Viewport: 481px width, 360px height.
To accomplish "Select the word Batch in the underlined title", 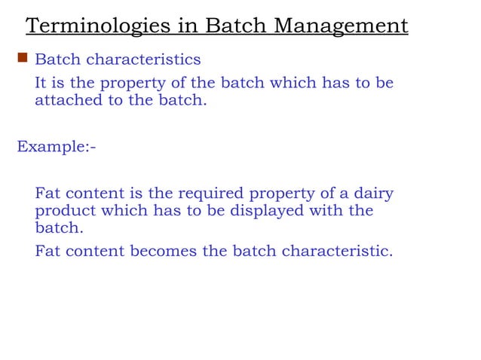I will pyautogui.click(x=230, y=26).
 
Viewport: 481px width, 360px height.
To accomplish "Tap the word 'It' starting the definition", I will pyautogui.click(x=41, y=82).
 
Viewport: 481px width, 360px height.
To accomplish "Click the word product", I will pyautogui.click(x=63, y=212).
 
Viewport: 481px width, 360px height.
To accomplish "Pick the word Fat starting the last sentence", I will pyautogui.click(x=49, y=251).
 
